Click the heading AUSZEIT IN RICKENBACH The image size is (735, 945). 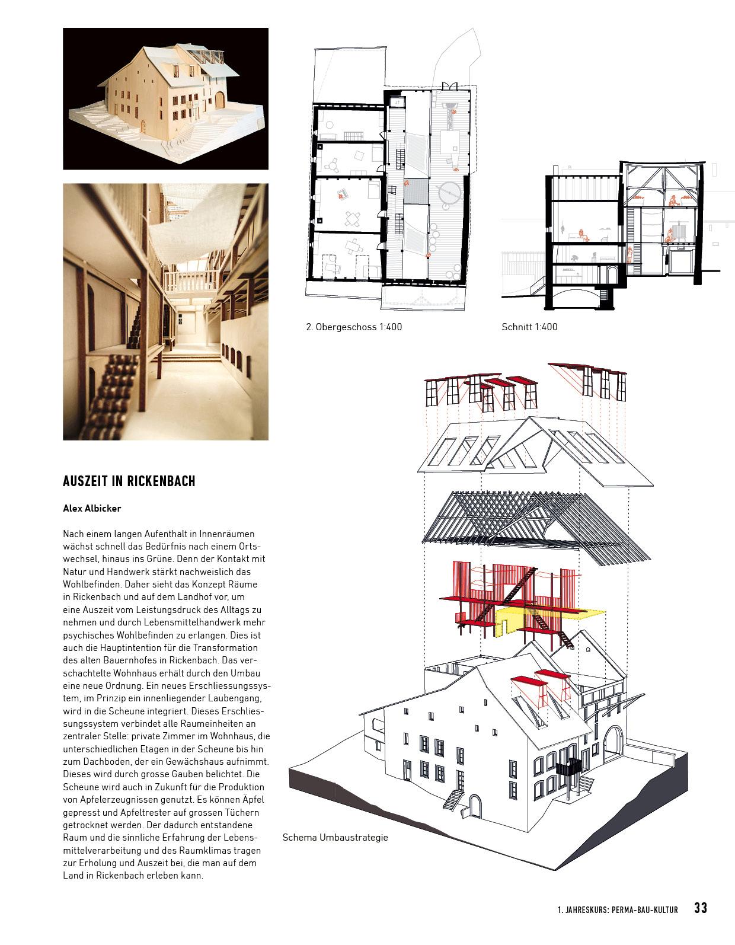(x=129, y=481)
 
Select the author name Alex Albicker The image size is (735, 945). (x=92, y=508)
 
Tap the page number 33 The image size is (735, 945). (x=701, y=908)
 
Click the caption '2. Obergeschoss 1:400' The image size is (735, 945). (x=354, y=327)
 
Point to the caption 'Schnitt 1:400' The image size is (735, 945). (x=529, y=327)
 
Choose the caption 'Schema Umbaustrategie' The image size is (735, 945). (x=335, y=838)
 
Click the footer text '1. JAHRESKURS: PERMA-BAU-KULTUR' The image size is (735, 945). (x=618, y=909)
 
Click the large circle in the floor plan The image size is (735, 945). (x=449, y=192)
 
